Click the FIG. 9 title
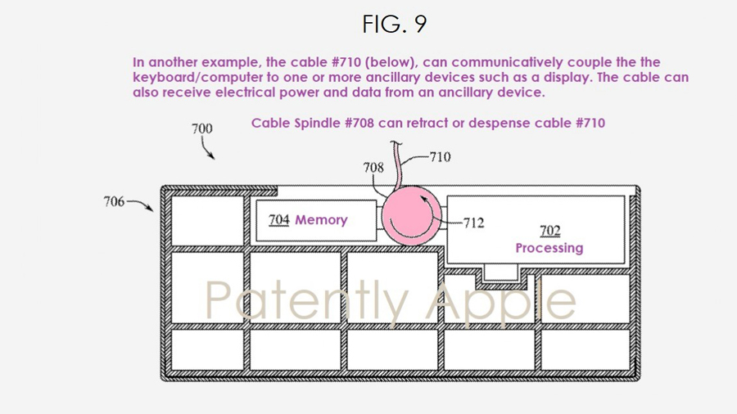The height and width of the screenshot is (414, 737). [395, 24]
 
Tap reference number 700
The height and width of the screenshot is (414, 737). [202, 128]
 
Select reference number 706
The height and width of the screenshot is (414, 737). [114, 201]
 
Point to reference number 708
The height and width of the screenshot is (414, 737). [373, 167]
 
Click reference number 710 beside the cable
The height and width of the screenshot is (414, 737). [441, 156]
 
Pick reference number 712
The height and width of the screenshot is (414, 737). [474, 223]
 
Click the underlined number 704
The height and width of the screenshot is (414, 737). [278, 219]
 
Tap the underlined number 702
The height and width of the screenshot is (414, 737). [550, 231]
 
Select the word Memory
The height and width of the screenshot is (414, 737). [321, 219]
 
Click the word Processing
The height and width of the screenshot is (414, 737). [549, 248]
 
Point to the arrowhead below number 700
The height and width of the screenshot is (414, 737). [212, 157]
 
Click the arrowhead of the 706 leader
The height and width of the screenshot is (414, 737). [150, 208]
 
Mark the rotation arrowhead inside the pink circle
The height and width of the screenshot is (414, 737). [423, 200]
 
